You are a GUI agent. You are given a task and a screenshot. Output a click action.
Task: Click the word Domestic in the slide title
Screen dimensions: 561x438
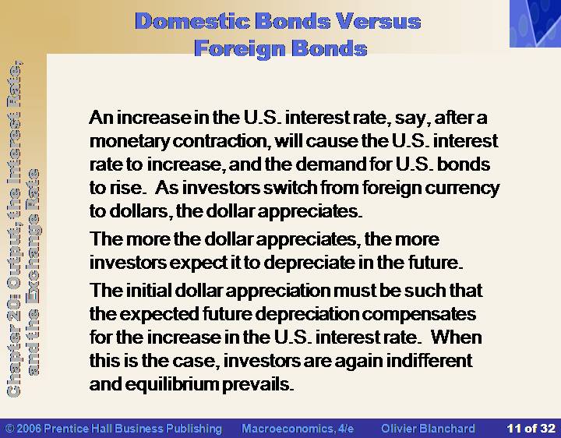[x=192, y=21]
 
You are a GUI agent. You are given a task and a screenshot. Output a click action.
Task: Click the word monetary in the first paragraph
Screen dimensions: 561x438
[x=129, y=142]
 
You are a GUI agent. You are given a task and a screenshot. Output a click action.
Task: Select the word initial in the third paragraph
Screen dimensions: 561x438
[x=149, y=290]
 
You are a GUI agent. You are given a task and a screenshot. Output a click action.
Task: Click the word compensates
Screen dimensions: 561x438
[x=419, y=315]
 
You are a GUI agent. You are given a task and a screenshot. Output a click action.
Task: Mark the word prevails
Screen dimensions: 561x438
[x=258, y=385]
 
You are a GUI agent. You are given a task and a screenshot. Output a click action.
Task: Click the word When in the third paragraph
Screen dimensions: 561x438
[x=456, y=337]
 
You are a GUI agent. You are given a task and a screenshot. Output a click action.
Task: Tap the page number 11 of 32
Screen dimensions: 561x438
[x=531, y=429]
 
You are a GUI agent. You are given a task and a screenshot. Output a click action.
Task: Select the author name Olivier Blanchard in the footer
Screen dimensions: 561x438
[x=428, y=429]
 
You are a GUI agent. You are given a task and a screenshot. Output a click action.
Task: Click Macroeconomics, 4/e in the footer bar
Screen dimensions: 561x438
[x=298, y=429]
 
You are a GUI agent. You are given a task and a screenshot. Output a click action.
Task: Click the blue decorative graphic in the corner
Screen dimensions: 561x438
[x=535, y=23]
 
